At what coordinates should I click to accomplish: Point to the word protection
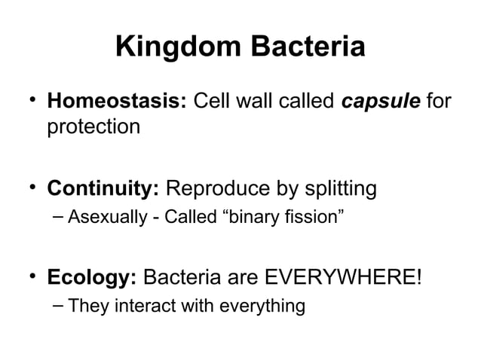pos(93,127)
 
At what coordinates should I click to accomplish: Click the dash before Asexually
pos(58,218)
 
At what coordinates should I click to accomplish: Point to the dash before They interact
pos(58,305)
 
